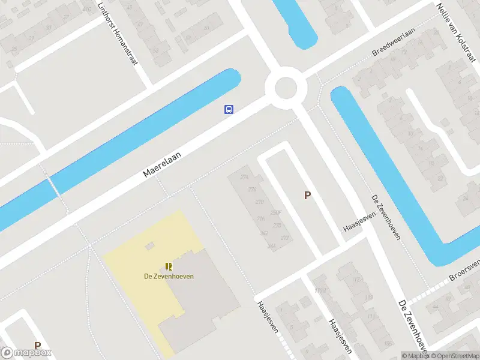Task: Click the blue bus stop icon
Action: pyautogui.click(x=229, y=109)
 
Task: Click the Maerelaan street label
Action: pyautogui.click(x=162, y=163)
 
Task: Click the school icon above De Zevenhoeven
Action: pyautogui.click(x=169, y=266)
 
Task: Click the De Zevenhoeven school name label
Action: pyautogui.click(x=164, y=277)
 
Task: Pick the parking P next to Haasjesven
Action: pyautogui.click(x=308, y=195)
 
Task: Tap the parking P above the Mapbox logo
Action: pyautogui.click(x=37, y=346)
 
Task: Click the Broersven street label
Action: pyautogui.click(x=466, y=271)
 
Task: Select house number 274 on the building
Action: pyautogui.click(x=244, y=177)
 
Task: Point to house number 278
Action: pyautogui.click(x=259, y=202)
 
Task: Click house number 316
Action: pyautogui.click(x=260, y=218)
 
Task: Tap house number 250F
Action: pyautogui.click(x=276, y=212)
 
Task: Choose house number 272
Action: pyautogui.click(x=284, y=238)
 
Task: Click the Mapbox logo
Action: pyautogui.click(x=26, y=353)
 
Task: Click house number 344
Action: pyautogui.click(x=272, y=246)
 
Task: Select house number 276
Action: pyautogui.click(x=251, y=190)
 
